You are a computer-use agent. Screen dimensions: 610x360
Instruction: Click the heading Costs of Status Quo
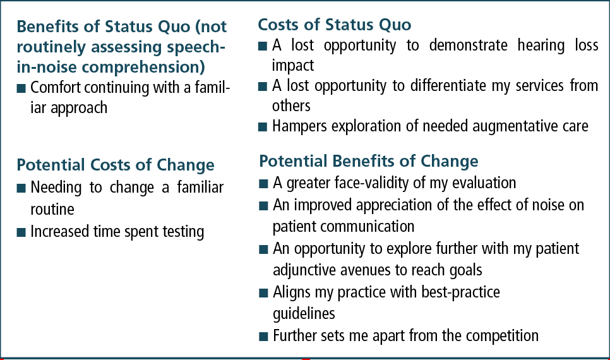(335, 25)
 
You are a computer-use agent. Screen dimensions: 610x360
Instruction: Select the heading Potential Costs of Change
(116, 165)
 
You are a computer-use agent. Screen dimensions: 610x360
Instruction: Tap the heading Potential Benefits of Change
(369, 161)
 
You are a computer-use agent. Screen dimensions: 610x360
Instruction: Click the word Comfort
(56, 88)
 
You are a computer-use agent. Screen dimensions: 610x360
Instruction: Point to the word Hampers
(299, 126)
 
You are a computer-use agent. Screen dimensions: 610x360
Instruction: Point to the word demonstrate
(469, 45)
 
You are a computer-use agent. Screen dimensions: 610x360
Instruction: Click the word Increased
(60, 232)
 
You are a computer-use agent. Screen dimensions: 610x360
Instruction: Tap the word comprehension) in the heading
(143, 68)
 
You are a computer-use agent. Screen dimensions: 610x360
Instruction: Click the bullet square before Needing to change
(21, 189)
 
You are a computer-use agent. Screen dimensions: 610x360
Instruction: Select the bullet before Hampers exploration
(263, 127)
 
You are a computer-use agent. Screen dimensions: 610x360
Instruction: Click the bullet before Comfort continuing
(21, 88)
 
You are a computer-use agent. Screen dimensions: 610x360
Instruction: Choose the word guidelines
(304, 314)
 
